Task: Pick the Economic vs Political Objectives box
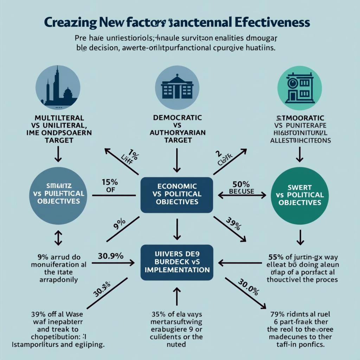[176, 194]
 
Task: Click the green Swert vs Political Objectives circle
[300, 194]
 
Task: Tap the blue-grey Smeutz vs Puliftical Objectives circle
[58, 194]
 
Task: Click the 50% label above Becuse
[241, 184]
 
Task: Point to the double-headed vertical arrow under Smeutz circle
[58, 238]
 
